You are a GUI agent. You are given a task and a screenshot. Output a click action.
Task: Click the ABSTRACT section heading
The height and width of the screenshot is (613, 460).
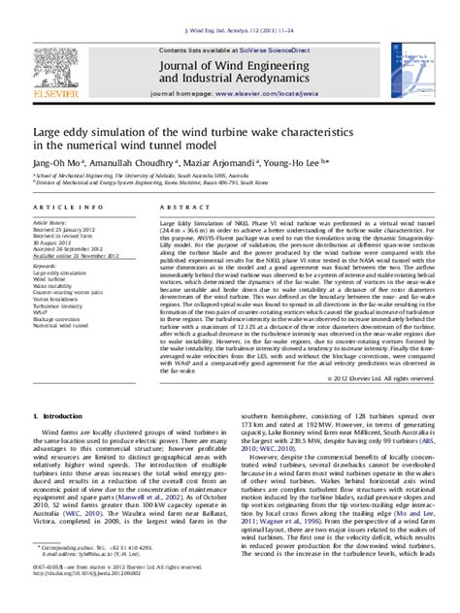(181, 209)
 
